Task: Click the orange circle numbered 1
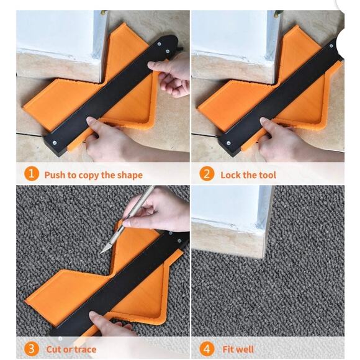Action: (31, 174)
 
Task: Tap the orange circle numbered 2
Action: (207, 174)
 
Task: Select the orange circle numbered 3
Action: (31, 349)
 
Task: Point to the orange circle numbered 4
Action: (207, 349)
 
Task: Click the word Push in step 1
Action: (55, 175)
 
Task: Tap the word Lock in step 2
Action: (230, 175)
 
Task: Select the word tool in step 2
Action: (268, 175)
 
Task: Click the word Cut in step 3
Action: (54, 349)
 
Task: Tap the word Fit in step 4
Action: (228, 349)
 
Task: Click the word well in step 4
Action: (245, 349)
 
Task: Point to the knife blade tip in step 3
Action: (101, 253)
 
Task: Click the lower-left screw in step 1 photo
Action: (55, 143)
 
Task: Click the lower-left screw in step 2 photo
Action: (228, 143)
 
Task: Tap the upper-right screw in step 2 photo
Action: (331, 46)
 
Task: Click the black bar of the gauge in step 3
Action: (119, 285)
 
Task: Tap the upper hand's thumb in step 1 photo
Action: (157, 66)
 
